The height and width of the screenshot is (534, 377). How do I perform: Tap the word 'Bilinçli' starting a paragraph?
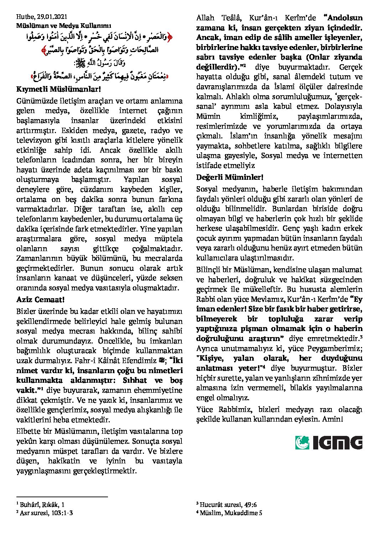tap(211, 270)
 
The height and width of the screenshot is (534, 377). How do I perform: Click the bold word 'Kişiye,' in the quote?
tap(212, 358)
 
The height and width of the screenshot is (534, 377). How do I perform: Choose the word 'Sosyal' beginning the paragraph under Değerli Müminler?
tap(208, 189)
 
